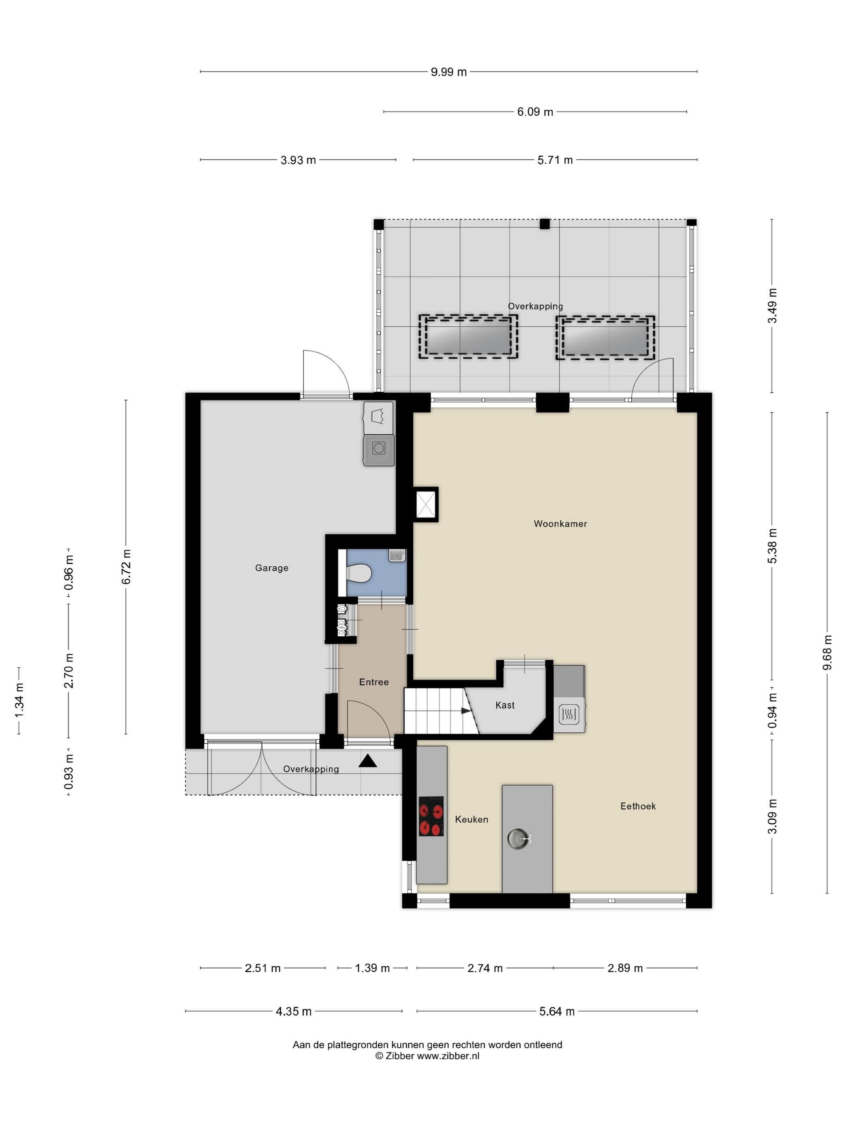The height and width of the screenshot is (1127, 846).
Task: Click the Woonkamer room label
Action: [560, 524]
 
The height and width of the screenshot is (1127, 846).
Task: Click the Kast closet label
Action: [505, 705]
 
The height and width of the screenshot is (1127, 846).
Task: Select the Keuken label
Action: [471, 819]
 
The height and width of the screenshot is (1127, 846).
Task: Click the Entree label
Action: [374, 682]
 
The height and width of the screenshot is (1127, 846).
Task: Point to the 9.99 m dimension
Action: [448, 72]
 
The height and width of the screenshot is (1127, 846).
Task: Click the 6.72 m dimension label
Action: [126, 567]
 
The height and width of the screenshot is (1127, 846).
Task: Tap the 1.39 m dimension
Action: [372, 968]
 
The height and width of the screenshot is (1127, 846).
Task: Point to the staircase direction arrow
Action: [466, 711]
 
